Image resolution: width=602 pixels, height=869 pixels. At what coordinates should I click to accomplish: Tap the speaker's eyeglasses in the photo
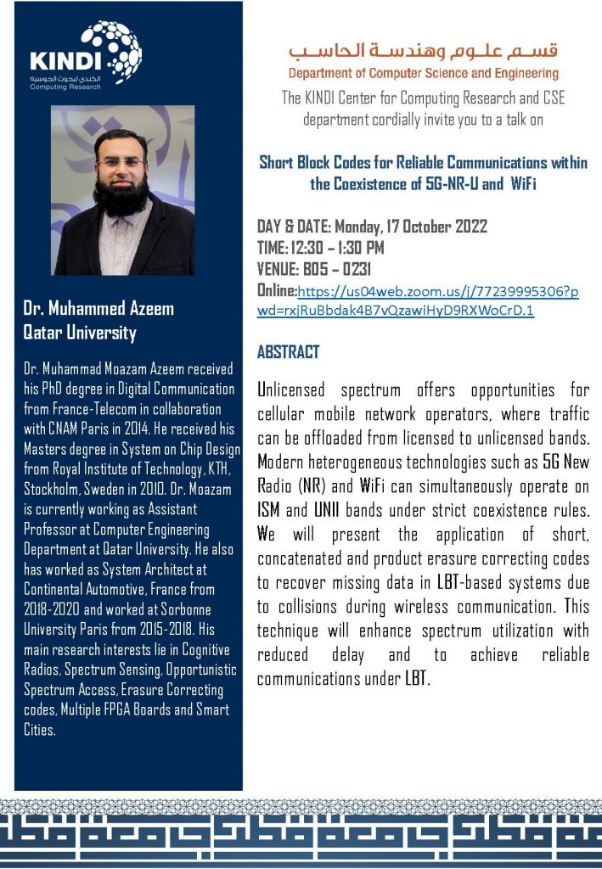(121, 162)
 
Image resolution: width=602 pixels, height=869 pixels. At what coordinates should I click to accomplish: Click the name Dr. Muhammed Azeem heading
(98, 309)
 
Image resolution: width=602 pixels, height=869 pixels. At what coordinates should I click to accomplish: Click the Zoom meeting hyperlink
(418, 301)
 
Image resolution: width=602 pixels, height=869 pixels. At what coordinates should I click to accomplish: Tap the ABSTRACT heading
(288, 351)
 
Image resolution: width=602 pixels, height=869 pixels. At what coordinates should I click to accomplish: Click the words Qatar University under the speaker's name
(80, 332)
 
